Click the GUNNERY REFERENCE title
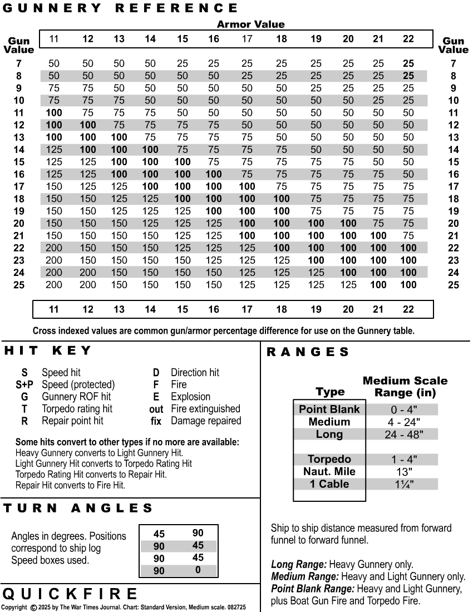coord(120,8)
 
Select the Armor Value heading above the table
coord(250,24)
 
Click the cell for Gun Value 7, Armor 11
coord(54,63)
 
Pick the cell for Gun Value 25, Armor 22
coord(408,285)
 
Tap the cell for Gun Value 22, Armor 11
coord(54,248)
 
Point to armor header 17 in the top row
coord(247,39)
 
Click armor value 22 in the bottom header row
coord(408,309)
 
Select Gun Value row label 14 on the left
coord(19,150)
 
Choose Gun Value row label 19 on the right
coord(453,211)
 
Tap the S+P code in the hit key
coord(24,384)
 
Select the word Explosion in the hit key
coord(190,397)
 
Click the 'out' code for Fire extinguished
coord(156,409)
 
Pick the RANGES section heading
coord(308,352)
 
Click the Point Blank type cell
coord(329,409)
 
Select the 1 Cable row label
coord(329,484)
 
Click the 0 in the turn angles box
coord(198,570)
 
